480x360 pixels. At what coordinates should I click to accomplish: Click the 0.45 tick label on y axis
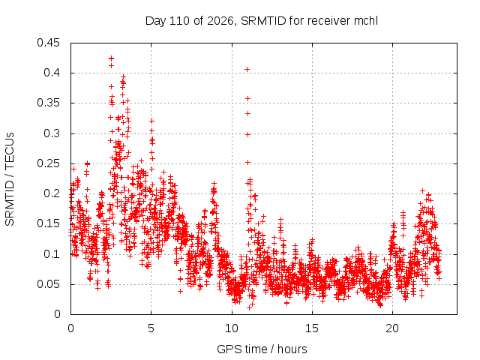(x=48, y=43)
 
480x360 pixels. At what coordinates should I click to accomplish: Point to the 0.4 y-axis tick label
(x=52, y=73)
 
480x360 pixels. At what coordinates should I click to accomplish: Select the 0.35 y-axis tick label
(x=48, y=103)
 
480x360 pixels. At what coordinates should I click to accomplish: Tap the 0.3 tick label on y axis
(x=52, y=133)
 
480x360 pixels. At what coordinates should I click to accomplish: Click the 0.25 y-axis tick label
(x=48, y=163)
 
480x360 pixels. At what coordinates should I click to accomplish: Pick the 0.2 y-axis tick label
(x=52, y=193)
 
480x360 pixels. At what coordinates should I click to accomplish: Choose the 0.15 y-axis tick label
(x=48, y=223)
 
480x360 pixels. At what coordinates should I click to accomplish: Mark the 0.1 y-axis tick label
(x=52, y=253)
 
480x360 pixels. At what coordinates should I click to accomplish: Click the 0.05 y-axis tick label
(x=48, y=283)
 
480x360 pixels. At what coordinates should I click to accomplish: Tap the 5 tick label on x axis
(x=151, y=328)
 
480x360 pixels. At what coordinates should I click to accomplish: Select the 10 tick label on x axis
(x=232, y=328)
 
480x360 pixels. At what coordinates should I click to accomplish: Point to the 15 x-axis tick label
(x=312, y=328)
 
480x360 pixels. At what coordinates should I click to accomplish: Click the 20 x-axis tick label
(x=392, y=328)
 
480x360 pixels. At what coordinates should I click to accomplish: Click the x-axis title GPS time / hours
(x=262, y=349)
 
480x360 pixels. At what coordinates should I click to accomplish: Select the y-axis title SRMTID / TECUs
(x=10, y=179)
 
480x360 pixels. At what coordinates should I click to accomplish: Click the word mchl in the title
(x=366, y=21)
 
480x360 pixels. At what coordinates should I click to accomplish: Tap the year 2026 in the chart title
(x=220, y=21)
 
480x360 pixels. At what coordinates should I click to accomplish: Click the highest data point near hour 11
(x=247, y=70)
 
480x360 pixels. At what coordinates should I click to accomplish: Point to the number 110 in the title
(x=180, y=21)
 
